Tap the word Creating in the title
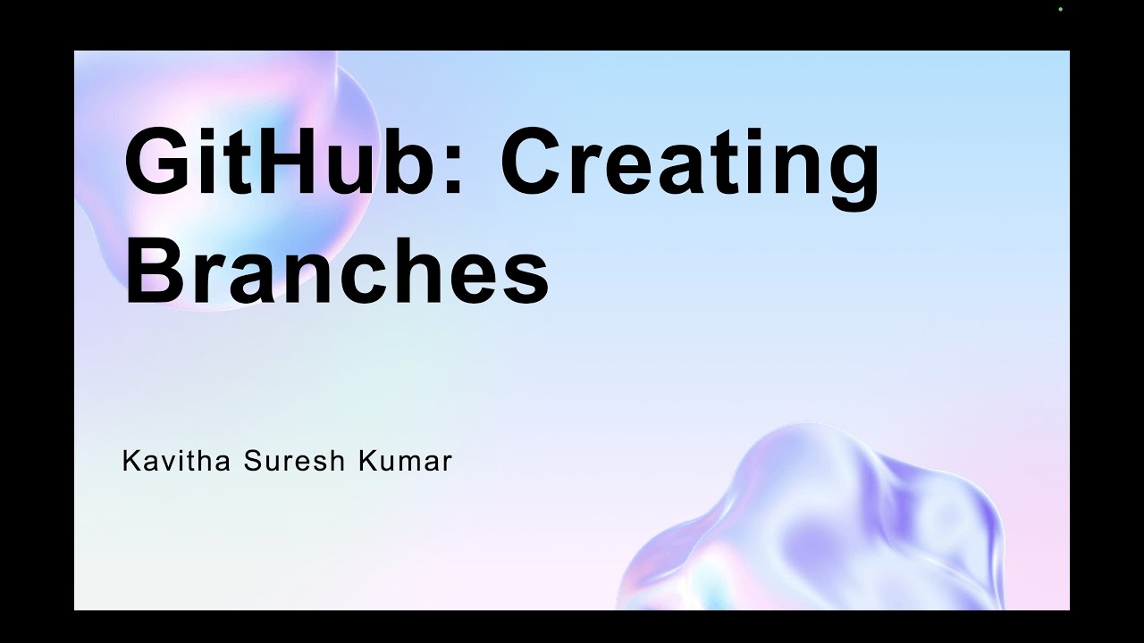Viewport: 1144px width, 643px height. [x=689, y=165]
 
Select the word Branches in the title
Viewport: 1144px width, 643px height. [x=336, y=268]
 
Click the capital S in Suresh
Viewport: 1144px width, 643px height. [x=251, y=462]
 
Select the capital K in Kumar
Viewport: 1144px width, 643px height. [x=366, y=462]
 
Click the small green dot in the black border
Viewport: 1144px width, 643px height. [x=1060, y=9]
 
